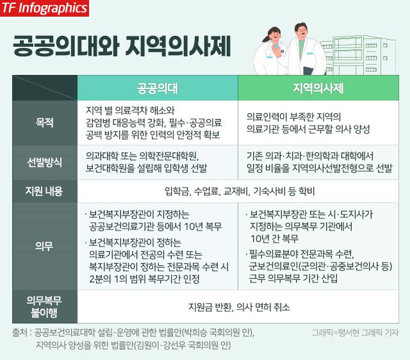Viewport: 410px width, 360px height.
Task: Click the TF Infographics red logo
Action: [44, 8]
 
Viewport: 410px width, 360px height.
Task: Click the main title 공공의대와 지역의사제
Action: [122, 46]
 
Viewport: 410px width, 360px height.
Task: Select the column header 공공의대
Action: [158, 88]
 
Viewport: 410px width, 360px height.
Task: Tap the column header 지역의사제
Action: [318, 88]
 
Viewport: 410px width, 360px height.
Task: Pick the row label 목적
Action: [45, 122]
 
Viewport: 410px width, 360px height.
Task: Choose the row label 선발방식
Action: [45, 162]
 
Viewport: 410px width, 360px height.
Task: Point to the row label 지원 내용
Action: [44, 191]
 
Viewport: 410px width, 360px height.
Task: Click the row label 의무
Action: [44, 246]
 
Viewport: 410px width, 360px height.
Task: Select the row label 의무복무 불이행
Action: [44, 306]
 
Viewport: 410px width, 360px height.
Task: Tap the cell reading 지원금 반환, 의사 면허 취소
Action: [239, 307]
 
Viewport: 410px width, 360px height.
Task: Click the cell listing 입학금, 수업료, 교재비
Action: [240, 192]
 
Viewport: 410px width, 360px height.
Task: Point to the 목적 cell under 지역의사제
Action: [308, 123]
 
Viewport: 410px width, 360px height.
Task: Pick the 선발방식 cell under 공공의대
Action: [147, 162]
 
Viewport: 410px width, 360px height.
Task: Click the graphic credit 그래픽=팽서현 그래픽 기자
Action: [355, 333]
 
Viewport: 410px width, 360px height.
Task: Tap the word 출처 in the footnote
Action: [20, 333]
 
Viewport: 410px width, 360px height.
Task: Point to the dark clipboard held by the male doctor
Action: [311, 71]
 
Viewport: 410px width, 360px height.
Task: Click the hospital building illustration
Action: [358, 56]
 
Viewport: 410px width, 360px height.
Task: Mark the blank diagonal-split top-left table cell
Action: [45, 88]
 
